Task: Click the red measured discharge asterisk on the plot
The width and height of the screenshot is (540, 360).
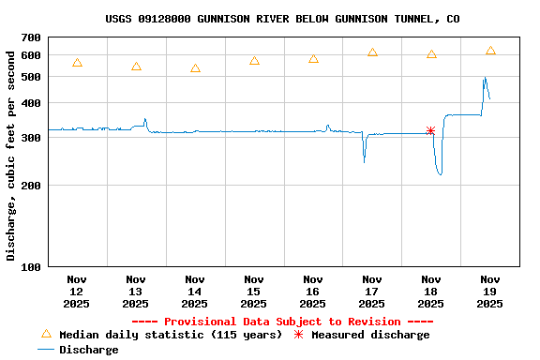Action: click(x=430, y=130)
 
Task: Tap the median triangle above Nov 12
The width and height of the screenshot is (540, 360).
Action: click(x=77, y=63)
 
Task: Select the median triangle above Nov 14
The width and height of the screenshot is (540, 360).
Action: click(x=195, y=68)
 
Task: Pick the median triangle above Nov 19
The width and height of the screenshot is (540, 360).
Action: click(x=490, y=51)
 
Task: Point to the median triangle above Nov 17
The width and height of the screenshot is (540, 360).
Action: click(x=372, y=52)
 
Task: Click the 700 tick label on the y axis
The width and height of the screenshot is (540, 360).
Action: click(x=31, y=38)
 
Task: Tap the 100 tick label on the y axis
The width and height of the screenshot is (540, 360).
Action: click(x=31, y=267)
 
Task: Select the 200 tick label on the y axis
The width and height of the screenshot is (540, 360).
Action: click(x=31, y=186)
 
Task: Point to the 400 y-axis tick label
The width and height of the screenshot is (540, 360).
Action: click(x=31, y=103)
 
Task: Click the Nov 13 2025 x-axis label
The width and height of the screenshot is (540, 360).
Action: click(x=136, y=291)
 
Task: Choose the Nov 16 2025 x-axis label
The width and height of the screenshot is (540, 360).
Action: click(x=313, y=291)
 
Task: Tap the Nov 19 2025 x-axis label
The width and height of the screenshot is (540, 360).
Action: click(x=490, y=291)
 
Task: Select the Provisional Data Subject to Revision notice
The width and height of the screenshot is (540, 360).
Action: click(x=282, y=322)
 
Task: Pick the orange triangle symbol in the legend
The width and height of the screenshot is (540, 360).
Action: click(x=46, y=334)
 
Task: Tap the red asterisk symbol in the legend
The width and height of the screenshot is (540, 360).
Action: click(x=299, y=335)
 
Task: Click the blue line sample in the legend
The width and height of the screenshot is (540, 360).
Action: click(x=46, y=350)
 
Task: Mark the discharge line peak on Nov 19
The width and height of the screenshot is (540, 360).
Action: click(x=485, y=78)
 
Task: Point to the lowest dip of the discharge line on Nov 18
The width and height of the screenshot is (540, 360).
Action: click(x=440, y=175)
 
